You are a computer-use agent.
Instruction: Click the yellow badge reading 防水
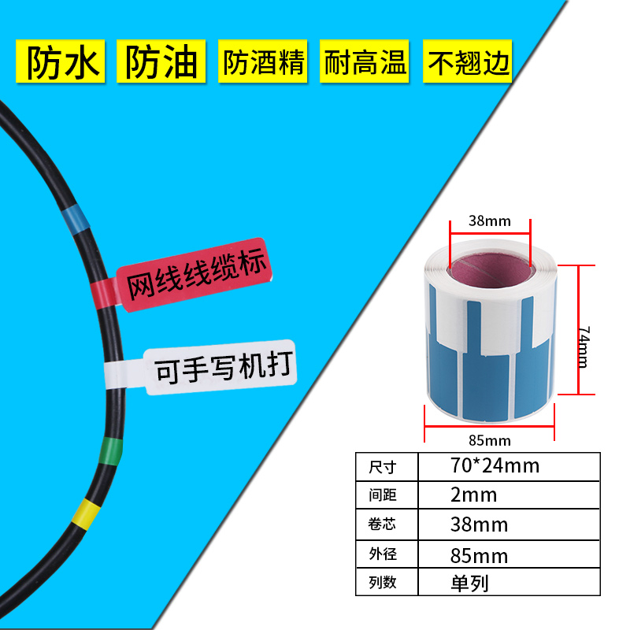(x=64, y=61)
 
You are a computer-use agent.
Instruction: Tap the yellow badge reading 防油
(x=162, y=61)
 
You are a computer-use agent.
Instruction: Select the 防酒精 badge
(x=264, y=61)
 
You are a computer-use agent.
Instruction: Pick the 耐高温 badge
(x=365, y=61)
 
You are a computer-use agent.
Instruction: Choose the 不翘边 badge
(x=468, y=61)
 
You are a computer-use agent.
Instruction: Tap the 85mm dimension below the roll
(x=490, y=439)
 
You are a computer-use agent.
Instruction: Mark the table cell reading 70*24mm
(x=495, y=465)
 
